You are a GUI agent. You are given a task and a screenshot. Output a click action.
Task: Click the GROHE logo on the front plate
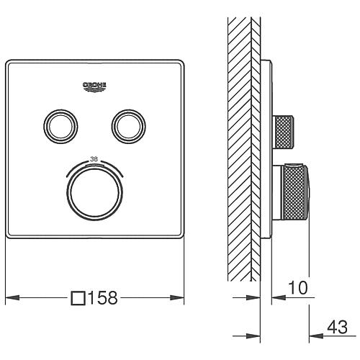[94, 86]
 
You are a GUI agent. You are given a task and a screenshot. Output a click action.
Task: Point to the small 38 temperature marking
[94, 159]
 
